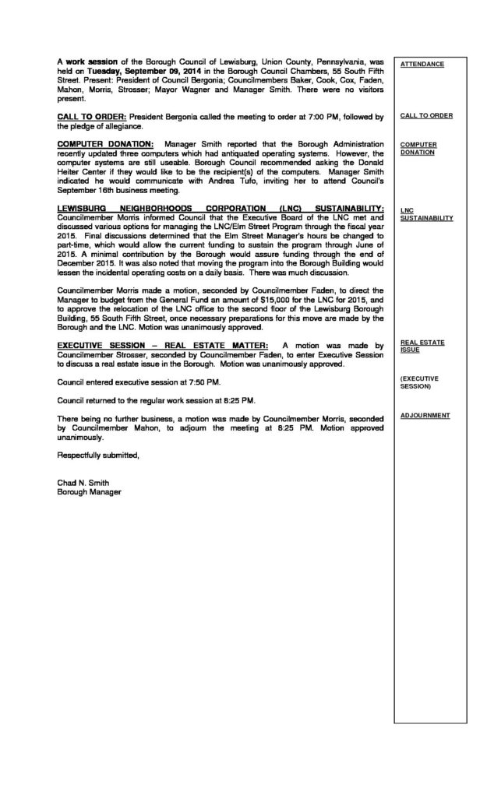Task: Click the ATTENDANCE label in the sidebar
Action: coord(422,64)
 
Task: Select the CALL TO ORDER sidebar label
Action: coord(425,115)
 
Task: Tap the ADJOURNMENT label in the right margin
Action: coord(425,415)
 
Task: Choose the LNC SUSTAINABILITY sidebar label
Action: coord(425,214)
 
